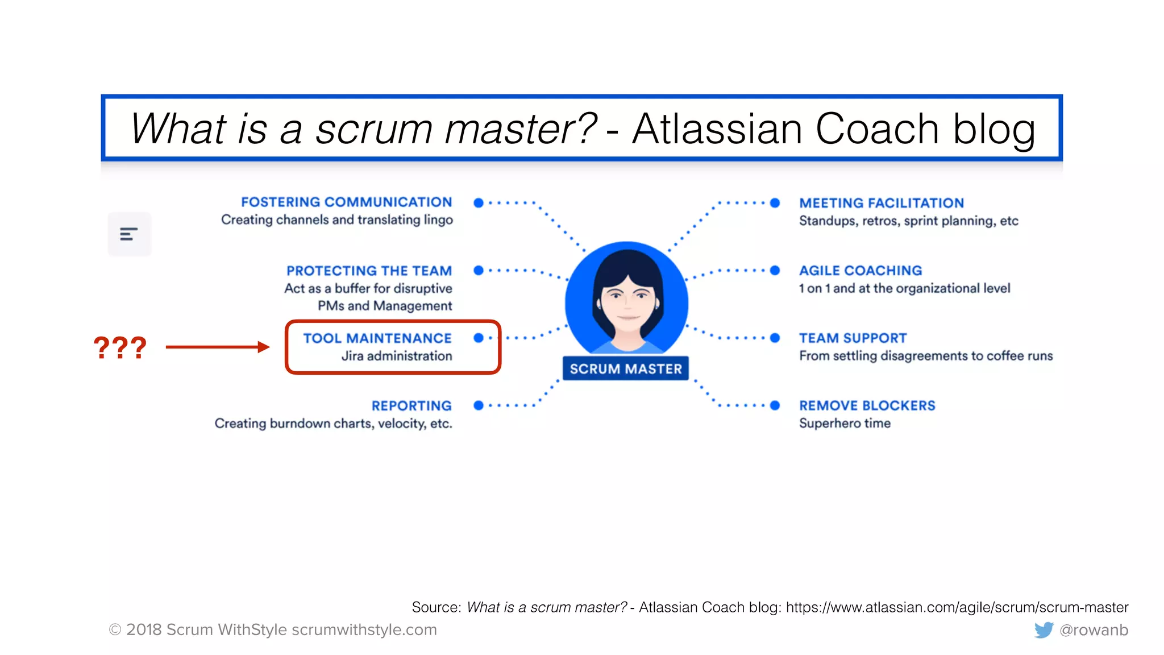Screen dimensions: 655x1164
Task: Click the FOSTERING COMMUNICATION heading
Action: (x=346, y=202)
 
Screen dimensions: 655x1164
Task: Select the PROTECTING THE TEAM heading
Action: (x=369, y=271)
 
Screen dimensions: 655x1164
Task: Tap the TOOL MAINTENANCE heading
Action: (x=377, y=338)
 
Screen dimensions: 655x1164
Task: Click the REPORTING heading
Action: (x=411, y=406)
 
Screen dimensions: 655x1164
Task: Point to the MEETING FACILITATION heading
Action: (x=882, y=203)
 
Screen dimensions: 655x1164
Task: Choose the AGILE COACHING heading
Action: (x=860, y=271)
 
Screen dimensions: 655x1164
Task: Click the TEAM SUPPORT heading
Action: (x=853, y=338)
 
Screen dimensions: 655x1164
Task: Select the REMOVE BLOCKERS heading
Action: (x=867, y=406)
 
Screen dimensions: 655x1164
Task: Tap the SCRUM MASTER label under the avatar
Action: (x=626, y=369)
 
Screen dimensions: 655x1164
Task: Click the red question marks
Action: (x=120, y=347)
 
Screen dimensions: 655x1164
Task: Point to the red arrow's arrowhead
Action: (x=264, y=347)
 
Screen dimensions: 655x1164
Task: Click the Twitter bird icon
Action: (x=1044, y=630)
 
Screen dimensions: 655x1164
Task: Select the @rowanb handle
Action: (x=1094, y=630)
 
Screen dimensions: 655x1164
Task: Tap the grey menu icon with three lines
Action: (x=129, y=234)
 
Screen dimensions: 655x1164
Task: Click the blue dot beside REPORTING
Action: (x=479, y=405)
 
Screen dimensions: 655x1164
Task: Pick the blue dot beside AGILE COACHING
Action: (x=775, y=271)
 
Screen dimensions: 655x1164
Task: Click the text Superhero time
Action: (x=845, y=424)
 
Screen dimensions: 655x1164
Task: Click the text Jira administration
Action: (x=396, y=356)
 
